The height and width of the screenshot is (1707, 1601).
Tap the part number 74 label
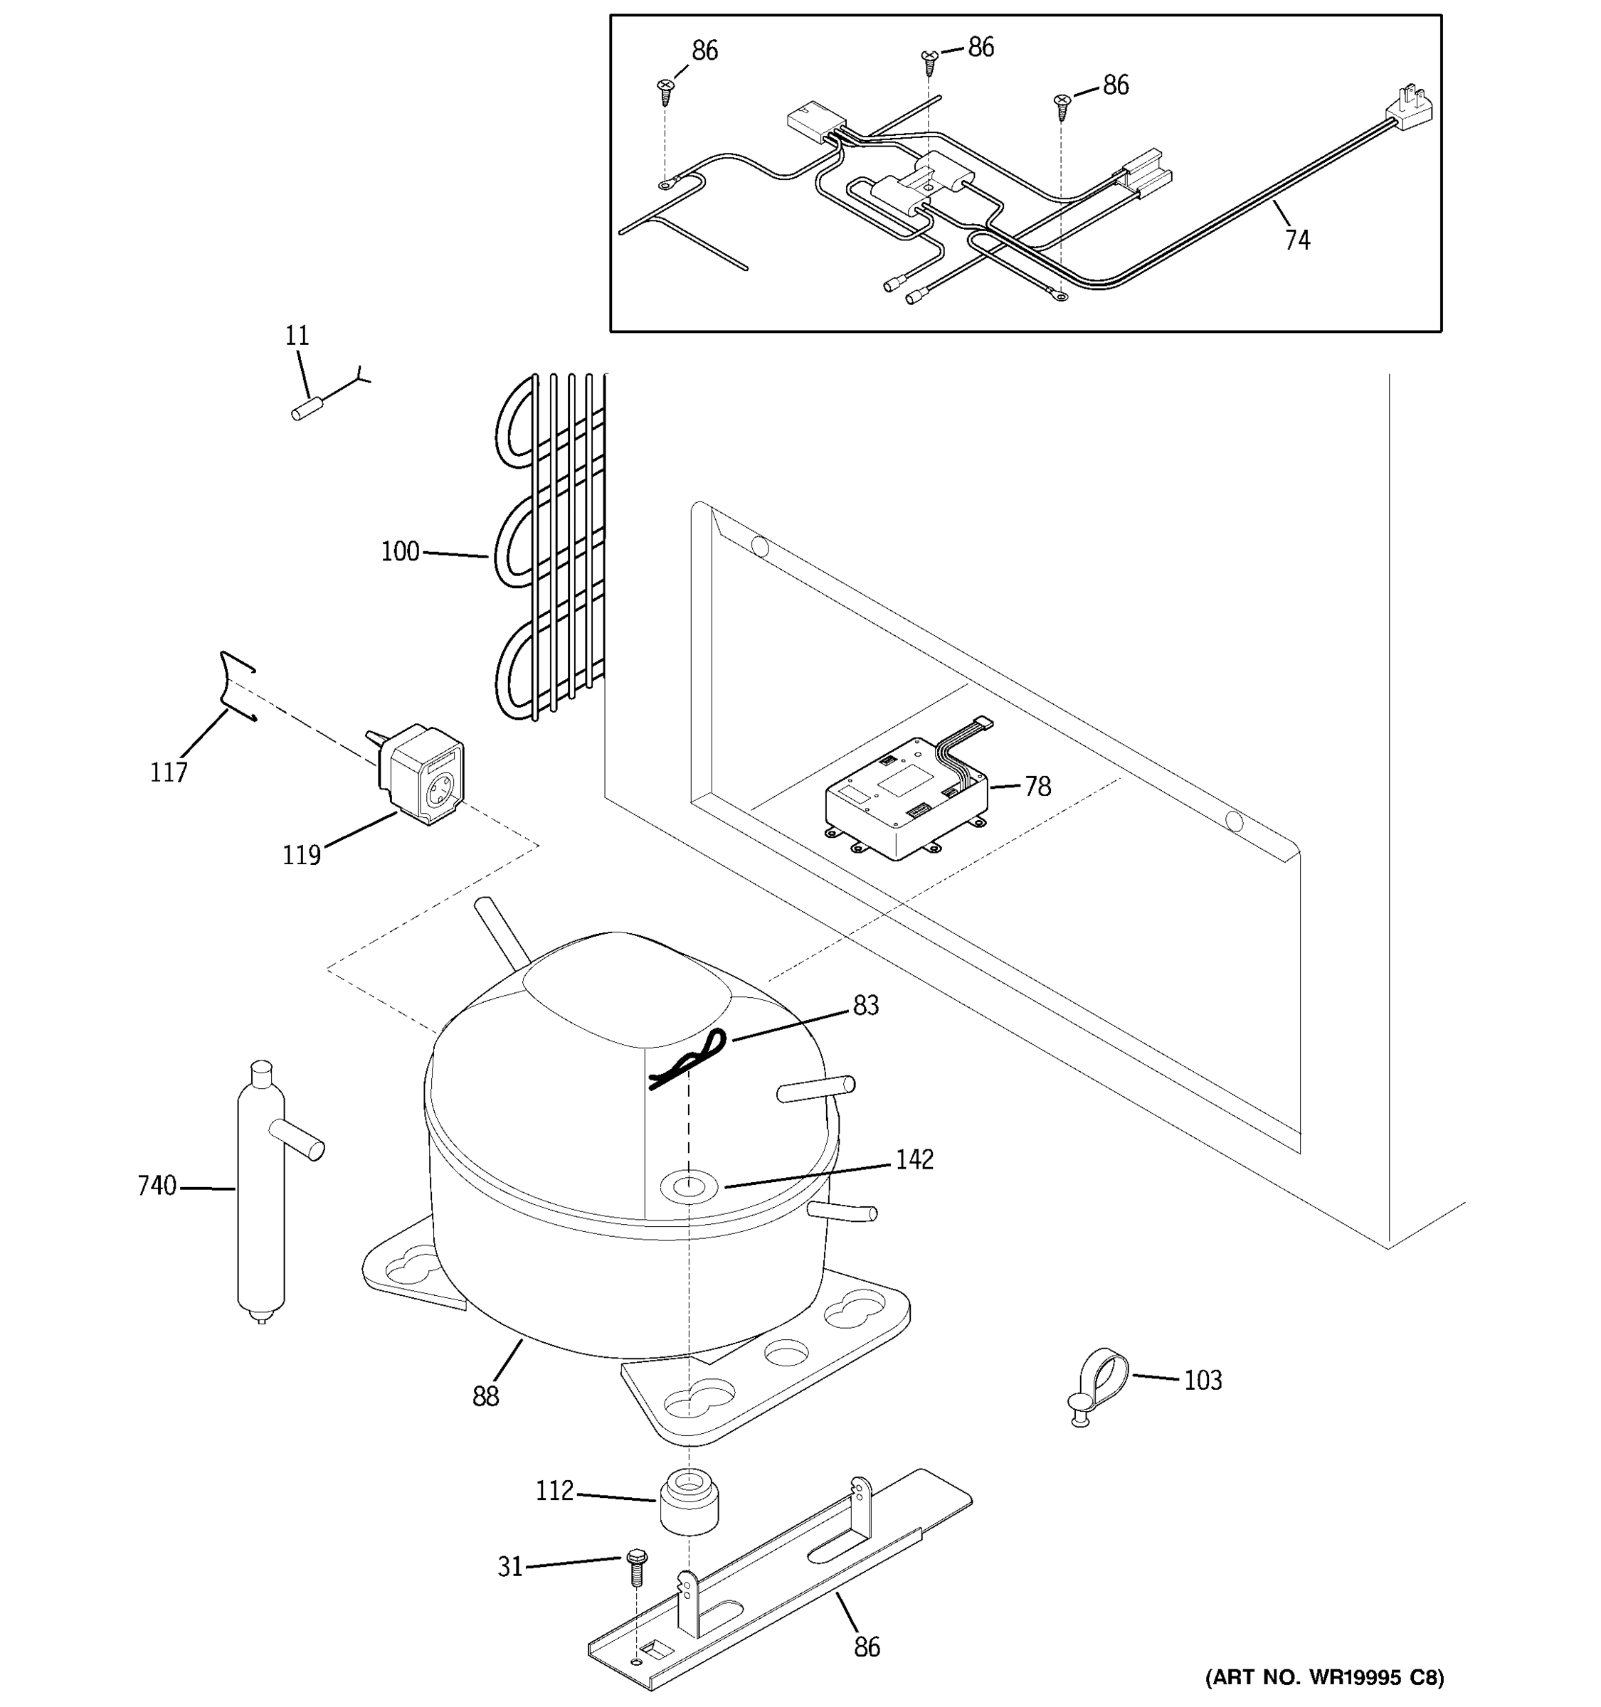pyautogui.click(x=1297, y=240)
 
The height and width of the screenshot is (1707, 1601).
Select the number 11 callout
pyautogui.click(x=297, y=336)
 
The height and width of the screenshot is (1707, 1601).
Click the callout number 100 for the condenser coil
pyautogui.click(x=400, y=551)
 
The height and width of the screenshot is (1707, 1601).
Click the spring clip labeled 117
pyautogui.click(x=232, y=688)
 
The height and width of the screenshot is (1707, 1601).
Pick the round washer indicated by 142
pyautogui.click(x=687, y=1188)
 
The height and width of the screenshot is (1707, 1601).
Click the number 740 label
pyautogui.click(x=157, y=1186)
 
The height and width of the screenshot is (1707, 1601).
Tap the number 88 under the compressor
pyautogui.click(x=485, y=1397)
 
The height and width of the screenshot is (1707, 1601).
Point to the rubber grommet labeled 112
pyautogui.click(x=689, y=1501)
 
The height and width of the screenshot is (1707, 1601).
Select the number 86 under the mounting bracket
pyautogui.click(x=867, y=1647)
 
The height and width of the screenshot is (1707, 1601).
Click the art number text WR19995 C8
pyautogui.click(x=1323, y=1677)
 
